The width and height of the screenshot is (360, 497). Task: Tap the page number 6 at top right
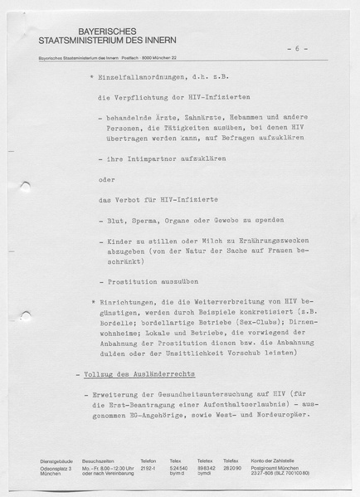296,49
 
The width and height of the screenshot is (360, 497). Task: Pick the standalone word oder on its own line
106,178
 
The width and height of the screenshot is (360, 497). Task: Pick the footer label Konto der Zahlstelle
275,460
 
